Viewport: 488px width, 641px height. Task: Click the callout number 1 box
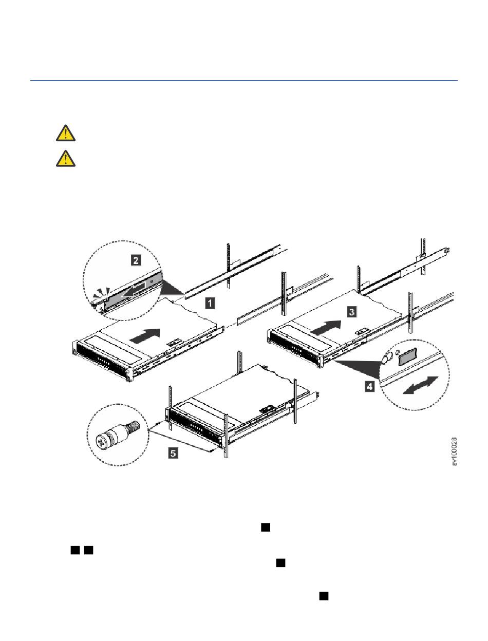pos(210,303)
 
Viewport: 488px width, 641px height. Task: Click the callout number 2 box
pos(136,260)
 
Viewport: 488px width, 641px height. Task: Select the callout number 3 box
pos(352,312)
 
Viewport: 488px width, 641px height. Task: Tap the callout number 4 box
pos(370,387)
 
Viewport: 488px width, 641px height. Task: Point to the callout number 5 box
pos(173,454)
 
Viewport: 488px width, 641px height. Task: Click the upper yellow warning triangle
pos(66,133)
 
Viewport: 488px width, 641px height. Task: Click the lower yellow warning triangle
pos(66,159)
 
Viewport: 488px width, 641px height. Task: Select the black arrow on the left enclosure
pos(145,335)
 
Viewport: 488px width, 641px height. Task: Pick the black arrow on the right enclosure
pos(326,327)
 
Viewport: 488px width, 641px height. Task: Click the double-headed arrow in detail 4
pos(421,386)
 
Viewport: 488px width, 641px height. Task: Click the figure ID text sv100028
pos(455,451)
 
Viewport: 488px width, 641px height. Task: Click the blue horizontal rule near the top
pos(244,80)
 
